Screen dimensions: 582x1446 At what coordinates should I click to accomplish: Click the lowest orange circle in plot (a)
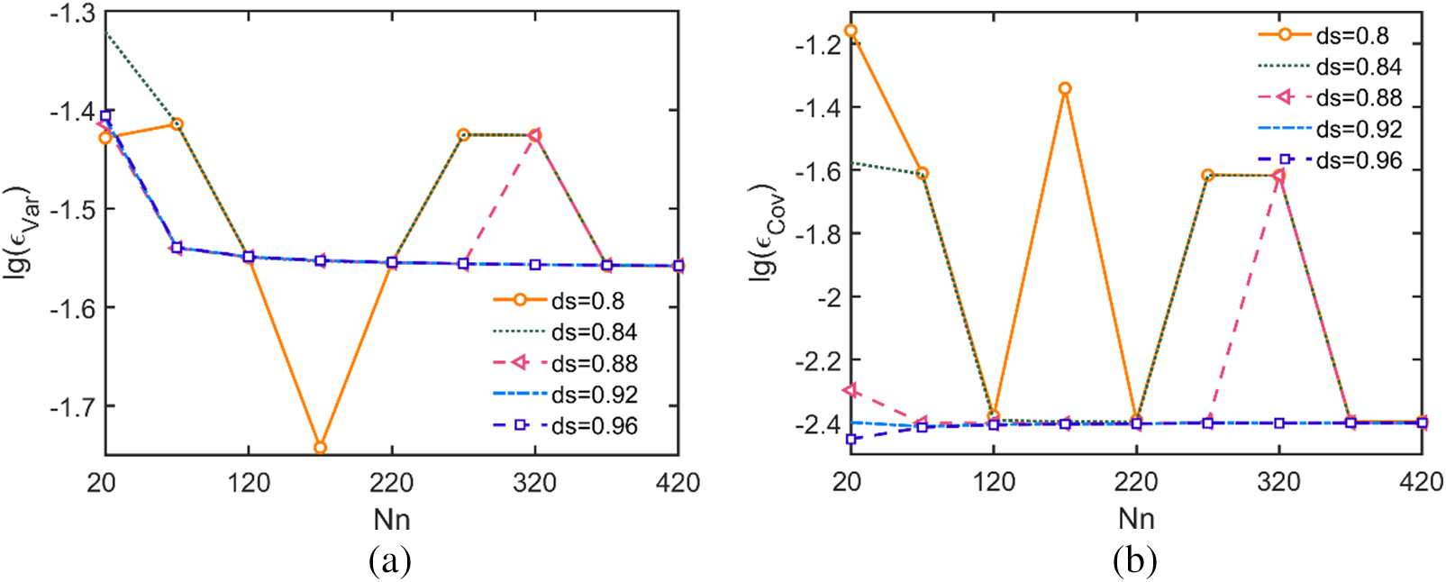[x=320, y=448]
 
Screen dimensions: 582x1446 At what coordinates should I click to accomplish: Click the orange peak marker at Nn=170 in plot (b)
[x=1065, y=89]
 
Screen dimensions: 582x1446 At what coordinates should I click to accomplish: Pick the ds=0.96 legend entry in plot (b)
[x=1331, y=160]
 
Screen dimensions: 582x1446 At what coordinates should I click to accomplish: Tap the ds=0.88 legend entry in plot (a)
[x=566, y=363]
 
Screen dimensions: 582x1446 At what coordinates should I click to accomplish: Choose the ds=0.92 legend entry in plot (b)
[x=1331, y=129]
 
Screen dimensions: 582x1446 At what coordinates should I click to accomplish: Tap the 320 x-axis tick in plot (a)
[x=535, y=483]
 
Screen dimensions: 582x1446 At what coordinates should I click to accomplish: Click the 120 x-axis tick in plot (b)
[x=994, y=482]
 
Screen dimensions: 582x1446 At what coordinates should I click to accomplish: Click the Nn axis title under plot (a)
[x=392, y=520]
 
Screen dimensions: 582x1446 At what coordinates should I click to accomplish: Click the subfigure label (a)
[x=390, y=561]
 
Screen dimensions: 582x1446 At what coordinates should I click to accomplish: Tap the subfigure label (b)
[x=1134, y=561]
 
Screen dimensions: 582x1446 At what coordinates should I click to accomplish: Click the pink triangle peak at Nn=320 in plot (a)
[x=535, y=135]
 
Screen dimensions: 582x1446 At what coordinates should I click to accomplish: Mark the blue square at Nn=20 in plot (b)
[x=850, y=439]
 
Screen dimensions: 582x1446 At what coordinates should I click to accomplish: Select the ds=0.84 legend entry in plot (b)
[x=1331, y=67]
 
